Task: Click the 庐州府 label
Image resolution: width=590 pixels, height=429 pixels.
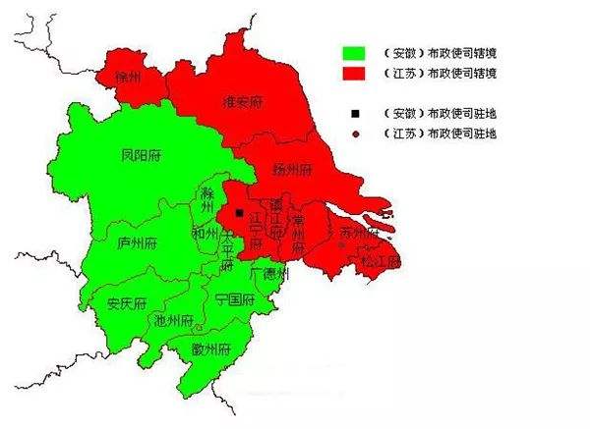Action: click(135, 243)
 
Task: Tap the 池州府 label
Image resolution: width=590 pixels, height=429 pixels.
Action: click(172, 321)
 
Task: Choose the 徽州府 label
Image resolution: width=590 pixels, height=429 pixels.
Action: click(211, 348)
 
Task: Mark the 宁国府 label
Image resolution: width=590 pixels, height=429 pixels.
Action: click(234, 299)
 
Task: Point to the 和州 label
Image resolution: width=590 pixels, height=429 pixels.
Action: click(205, 234)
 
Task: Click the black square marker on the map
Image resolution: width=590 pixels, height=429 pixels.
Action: click(239, 211)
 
